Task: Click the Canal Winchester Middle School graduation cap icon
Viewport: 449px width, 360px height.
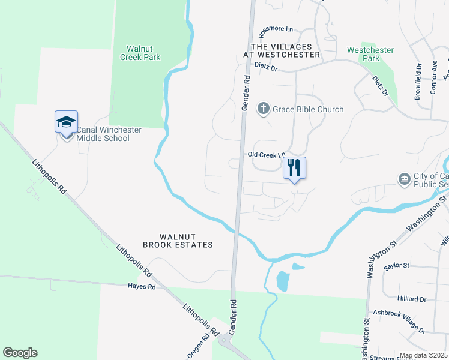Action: [66, 123]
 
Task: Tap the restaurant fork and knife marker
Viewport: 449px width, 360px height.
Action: [294, 167]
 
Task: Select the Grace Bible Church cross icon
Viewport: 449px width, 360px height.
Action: [263, 109]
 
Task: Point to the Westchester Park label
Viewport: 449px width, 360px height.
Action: [370, 55]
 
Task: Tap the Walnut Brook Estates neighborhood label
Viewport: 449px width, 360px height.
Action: [178, 241]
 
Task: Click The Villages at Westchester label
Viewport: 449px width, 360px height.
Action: [281, 50]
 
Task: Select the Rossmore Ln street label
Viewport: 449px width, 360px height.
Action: [276, 29]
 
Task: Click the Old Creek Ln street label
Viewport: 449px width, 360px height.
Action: [265, 154]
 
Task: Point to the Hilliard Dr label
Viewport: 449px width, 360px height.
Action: [411, 299]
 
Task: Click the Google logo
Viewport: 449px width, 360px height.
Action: [20, 353]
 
